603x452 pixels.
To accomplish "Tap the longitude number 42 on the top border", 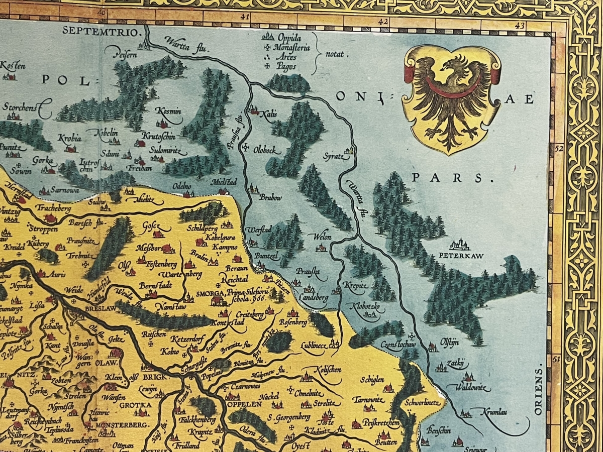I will tap(384, 22).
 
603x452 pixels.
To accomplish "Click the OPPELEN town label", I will tap(244, 404).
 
